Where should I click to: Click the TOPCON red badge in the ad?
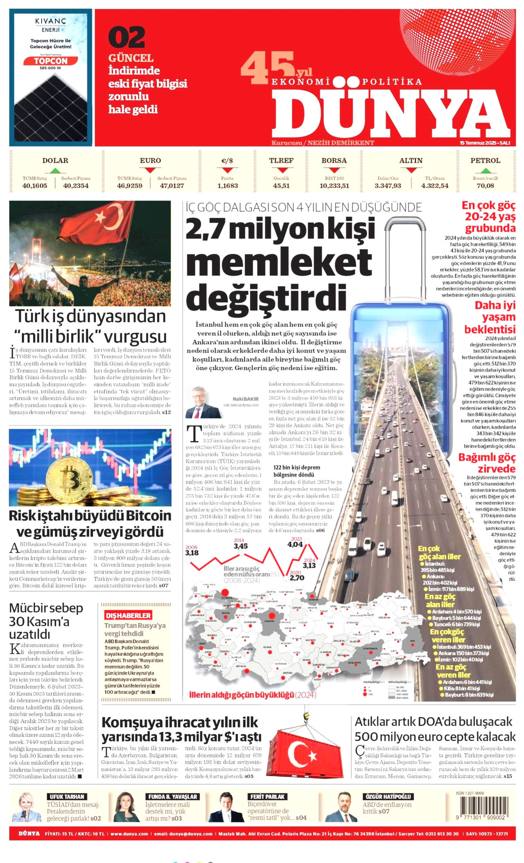tap(51, 61)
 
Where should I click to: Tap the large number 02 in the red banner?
tap(126, 37)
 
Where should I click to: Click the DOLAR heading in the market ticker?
tap(55, 160)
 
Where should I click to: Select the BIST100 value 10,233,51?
tap(334, 186)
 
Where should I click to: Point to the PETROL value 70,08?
tap(485, 186)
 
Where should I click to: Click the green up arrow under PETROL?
tap(485, 170)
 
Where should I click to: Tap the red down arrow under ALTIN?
tap(411, 170)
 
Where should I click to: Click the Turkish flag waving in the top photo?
tap(98, 223)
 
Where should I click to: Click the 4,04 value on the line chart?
tap(295, 544)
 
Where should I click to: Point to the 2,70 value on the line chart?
tap(297, 578)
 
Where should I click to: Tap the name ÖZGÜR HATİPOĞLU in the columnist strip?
tap(388, 797)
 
